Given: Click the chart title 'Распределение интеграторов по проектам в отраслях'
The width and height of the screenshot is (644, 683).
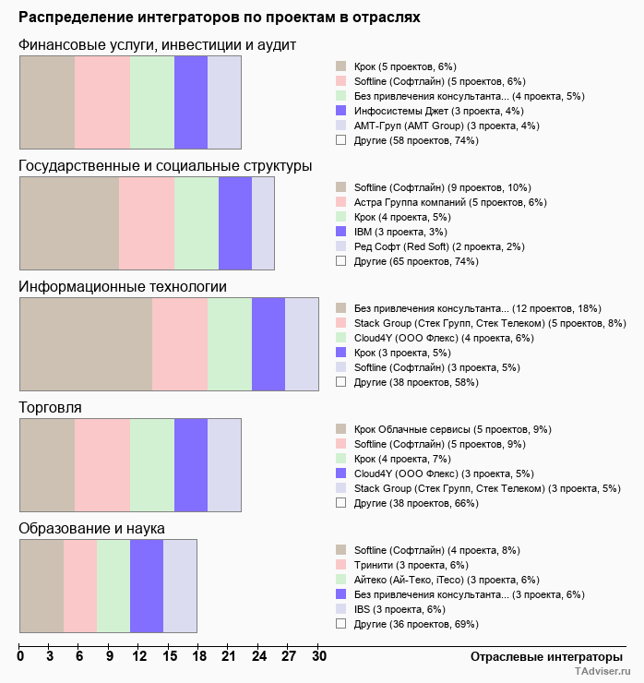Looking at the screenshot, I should [220, 18].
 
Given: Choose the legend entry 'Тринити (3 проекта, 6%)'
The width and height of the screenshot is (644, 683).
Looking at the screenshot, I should [411, 565].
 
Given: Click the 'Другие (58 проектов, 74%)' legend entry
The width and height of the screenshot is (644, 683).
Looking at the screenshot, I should [416, 140].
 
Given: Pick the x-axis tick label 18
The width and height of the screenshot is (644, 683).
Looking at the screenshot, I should [199, 656].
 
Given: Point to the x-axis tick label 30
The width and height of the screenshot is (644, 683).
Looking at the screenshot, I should [318, 656].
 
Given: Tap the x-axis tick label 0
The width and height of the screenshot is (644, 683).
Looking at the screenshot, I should [20, 656].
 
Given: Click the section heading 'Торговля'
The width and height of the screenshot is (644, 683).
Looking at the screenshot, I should [51, 407].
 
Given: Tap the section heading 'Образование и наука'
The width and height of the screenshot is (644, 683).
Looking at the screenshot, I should [91, 528].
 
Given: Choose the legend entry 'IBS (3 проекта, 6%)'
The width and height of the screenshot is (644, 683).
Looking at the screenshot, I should [400, 609].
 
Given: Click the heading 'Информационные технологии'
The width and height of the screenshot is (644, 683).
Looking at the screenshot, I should [123, 286].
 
